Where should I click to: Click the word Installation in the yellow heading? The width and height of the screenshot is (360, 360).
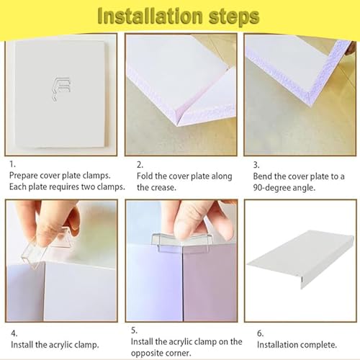click(x=150, y=17)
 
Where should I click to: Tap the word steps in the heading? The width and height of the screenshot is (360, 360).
click(x=234, y=17)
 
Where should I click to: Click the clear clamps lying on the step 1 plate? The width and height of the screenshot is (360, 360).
click(x=61, y=89)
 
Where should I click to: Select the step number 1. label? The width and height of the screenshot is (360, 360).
click(x=12, y=164)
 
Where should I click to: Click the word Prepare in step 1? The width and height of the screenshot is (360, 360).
click(x=23, y=176)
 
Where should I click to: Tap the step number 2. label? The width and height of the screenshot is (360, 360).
click(x=140, y=165)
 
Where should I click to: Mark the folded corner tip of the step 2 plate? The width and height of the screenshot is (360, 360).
click(x=178, y=125)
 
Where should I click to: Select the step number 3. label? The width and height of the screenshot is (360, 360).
click(x=256, y=165)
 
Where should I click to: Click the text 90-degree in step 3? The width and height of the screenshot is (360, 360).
click(x=269, y=188)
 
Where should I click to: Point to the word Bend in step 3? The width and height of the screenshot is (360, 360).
click(x=263, y=176)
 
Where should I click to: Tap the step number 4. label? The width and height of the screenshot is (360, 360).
click(x=14, y=333)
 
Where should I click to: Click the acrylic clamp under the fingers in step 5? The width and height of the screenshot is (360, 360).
click(x=182, y=241)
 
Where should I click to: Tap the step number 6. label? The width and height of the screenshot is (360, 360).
click(x=261, y=333)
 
